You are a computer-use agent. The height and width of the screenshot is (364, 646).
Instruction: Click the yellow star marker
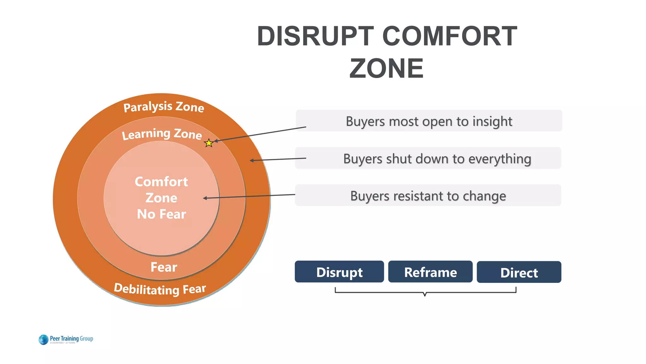(x=209, y=143)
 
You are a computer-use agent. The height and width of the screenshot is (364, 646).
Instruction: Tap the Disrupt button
(x=339, y=272)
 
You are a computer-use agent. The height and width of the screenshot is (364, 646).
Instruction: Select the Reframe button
(x=430, y=272)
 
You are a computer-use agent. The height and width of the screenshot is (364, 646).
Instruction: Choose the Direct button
(x=519, y=272)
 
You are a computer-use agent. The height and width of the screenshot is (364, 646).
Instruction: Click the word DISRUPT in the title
(x=315, y=36)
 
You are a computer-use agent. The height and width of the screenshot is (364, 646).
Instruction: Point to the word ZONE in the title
(x=386, y=69)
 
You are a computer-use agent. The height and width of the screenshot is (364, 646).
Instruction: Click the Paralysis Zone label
(x=163, y=107)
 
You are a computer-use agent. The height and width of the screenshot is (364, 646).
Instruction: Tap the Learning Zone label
(x=162, y=134)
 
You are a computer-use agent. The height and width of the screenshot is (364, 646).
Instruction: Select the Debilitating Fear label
(x=160, y=289)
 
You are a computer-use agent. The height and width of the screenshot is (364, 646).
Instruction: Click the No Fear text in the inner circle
(x=161, y=214)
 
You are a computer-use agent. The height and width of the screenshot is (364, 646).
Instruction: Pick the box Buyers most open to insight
(x=429, y=121)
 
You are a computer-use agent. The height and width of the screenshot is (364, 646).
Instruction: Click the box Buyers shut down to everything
(x=428, y=158)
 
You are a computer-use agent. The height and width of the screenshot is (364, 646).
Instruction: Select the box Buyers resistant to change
(x=428, y=196)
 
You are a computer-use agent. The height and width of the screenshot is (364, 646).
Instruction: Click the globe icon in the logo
(x=43, y=340)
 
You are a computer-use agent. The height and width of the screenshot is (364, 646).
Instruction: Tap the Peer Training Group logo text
(x=72, y=338)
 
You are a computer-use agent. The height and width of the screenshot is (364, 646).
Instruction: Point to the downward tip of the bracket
(x=425, y=295)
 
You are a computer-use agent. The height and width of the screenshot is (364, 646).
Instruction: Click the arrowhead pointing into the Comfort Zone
(x=205, y=198)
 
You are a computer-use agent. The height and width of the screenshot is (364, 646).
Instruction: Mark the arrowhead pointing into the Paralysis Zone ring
(x=251, y=161)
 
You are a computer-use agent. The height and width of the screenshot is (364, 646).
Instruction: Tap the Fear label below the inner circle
(x=164, y=267)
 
